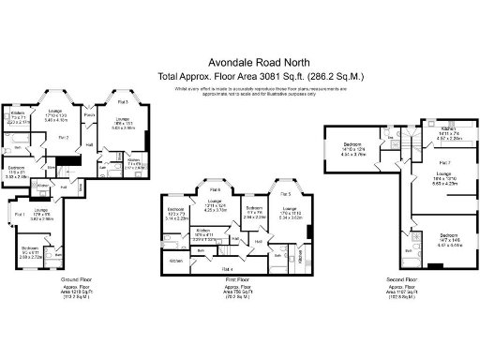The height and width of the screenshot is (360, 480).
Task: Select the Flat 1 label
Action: (x=18, y=217)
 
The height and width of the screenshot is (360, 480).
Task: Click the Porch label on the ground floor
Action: (x=92, y=115)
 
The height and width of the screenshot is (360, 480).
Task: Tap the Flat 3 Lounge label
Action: (x=122, y=119)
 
